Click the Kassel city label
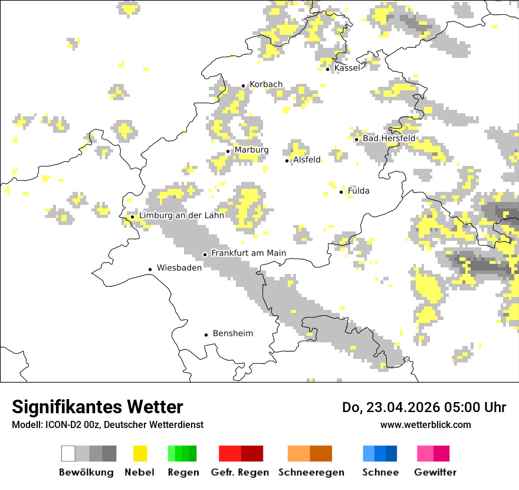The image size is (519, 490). tap(347, 68)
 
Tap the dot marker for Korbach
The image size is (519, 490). tap(243, 86)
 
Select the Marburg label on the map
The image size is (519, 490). tap(251, 150)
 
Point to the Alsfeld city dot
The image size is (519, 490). tap(287, 161)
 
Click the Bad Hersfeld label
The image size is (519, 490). tap(389, 138)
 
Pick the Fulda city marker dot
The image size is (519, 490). tap(341, 192)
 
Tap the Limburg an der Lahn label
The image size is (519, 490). tap(181, 215)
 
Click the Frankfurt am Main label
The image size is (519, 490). tap(248, 253)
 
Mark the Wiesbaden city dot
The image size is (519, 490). tap(150, 269)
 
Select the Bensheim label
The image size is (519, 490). tap(232, 334)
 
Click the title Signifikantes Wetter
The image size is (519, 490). tap(97, 407)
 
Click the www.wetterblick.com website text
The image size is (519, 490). tap(425, 425)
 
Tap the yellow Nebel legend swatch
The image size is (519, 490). tap(140, 453)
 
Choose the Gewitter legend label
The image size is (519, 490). tap(435, 472)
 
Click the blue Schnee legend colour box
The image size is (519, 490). tap(380, 453)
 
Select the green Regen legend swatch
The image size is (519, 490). tap(182, 453)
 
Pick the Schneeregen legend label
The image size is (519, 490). tap(311, 472)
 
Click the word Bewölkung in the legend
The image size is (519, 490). tap(86, 472)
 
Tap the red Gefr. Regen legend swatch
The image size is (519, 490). tap(241, 453)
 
